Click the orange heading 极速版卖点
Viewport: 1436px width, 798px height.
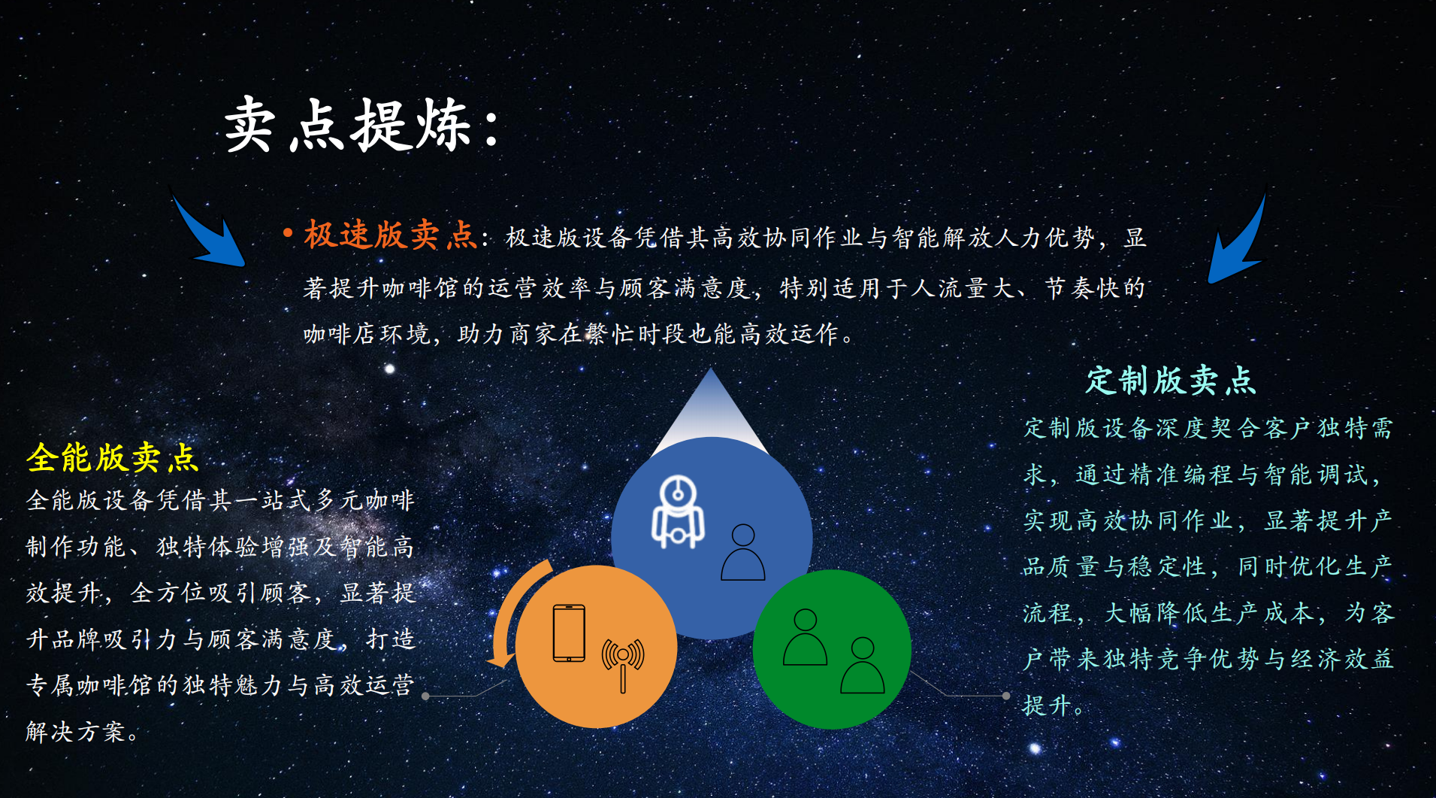pyautogui.click(x=390, y=235)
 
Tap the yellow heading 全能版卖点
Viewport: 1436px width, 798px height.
pyautogui.click(x=113, y=457)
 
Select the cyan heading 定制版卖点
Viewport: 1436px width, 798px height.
pyautogui.click(x=1170, y=381)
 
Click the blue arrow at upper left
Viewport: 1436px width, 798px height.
pyautogui.click(x=208, y=232)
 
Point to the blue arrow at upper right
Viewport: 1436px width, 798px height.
pyautogui.click(x=1238, y=239)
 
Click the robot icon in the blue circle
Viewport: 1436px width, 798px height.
pyautogui.click(x=678, y=512)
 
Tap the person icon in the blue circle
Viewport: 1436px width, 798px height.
pyautogui.click(x=742, y=553)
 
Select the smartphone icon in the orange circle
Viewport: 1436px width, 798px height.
pyautogui.click(x=569, y=633)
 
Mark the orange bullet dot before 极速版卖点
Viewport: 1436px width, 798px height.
pyautogui.click(x=287, y=233)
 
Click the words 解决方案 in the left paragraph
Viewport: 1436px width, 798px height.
pyautogui.click(x=75, y=731)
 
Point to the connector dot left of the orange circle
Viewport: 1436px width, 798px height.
pyautogui.click(x=425, y=696)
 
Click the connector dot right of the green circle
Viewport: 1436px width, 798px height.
pyautogui.click(x=1006, y=696)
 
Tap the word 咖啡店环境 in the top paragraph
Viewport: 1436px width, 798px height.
pyautogui.click(x=366, y=334)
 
